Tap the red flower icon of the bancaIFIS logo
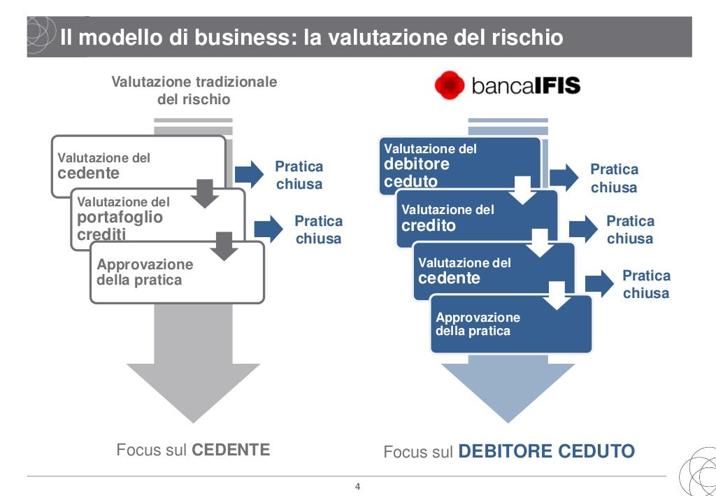[450, 85]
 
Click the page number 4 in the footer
[357, 487]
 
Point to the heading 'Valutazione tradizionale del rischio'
[194, 90]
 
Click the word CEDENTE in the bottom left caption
[231, 450]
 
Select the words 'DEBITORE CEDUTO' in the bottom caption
[546, 452]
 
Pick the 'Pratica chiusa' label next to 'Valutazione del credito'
[630, 229]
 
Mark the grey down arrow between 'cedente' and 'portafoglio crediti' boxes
[204, 193]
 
